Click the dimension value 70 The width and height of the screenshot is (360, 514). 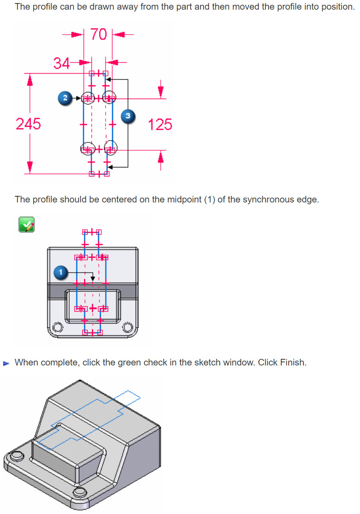point(99,34)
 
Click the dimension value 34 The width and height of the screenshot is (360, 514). point(61,64)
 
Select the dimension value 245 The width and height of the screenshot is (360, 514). point(28,124)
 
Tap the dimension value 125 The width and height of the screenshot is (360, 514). point(160,124)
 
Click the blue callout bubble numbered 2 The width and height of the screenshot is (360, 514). point(65,98)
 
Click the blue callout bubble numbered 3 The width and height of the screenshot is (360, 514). point(127,116)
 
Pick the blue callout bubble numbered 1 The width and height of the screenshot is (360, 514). point(61,273)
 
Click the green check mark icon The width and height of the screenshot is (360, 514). point(26,225)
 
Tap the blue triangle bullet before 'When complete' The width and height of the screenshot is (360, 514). point(6,363)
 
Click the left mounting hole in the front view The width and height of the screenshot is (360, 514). point(56,327)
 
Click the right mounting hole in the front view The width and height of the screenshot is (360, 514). point(128,327)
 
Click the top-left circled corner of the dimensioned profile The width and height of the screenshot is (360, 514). point(88,98)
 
